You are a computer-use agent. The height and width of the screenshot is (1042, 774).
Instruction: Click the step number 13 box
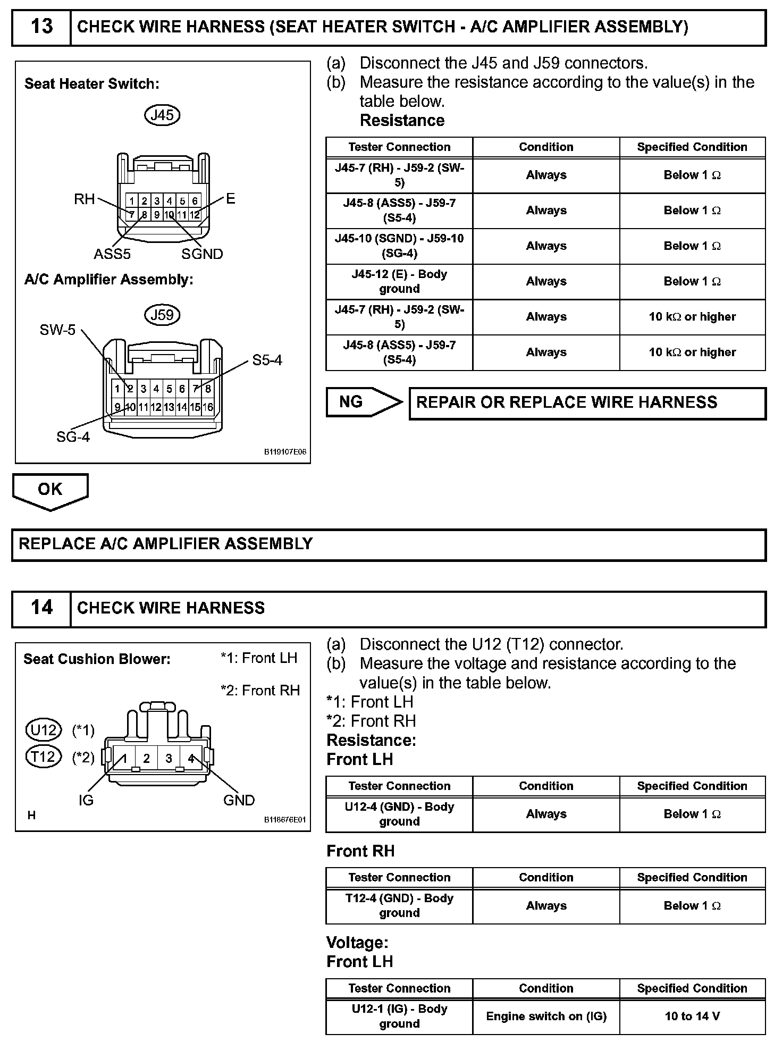pos(41,27)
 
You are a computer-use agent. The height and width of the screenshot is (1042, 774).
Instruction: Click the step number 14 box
pos(41,608)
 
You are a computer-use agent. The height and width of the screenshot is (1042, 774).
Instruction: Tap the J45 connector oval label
pos(162,115)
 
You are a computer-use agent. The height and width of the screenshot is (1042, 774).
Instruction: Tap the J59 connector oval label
pos(162,315)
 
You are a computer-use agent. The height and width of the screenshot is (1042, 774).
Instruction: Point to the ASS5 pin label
pos(112,254)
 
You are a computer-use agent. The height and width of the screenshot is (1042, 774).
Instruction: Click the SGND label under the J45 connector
pos(202,254)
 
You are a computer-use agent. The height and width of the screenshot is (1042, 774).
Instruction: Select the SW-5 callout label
pos(58,330)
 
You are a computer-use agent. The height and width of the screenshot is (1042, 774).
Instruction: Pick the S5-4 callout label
pos(267,360)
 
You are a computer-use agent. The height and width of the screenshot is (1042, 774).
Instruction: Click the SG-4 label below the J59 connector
pos(73,437)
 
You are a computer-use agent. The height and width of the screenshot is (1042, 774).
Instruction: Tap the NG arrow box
pos(364,402)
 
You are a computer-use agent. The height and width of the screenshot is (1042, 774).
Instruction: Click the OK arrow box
pos(50,490)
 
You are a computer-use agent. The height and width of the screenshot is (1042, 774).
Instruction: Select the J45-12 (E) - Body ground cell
pos(399,281)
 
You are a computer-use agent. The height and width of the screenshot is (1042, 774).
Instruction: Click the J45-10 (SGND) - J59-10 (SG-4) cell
pos(399,246)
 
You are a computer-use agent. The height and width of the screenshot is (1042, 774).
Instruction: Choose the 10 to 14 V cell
pos(692,1016)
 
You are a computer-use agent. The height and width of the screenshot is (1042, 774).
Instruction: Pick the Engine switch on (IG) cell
pos(546,1016)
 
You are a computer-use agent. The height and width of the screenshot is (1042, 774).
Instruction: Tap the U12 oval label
pos(44,730)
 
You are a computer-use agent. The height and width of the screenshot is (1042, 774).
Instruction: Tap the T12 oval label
pos(44,756)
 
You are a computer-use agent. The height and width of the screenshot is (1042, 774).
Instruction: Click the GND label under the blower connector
pos(239,800)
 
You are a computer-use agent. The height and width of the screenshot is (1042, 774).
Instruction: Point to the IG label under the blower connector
pos(86,800)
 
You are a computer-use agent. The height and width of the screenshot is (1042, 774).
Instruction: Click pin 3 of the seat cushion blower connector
pos(169,759)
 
